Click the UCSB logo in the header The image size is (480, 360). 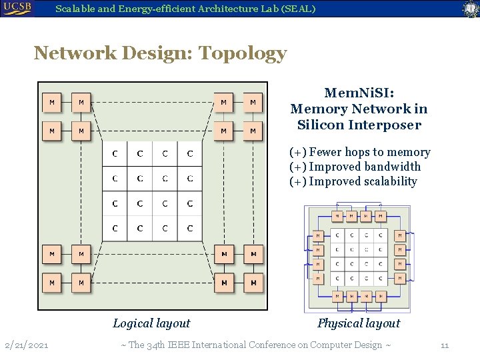tap(19, 8)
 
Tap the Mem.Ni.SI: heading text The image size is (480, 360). tap(359, 93)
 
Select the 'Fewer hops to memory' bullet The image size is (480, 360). tap(359, 152)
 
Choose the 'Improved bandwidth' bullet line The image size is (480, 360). tap(355, 167)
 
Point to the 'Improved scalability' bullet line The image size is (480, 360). tap(353, 181)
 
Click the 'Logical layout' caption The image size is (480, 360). tap(151, 323)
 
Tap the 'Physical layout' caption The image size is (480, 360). tap(359, 323)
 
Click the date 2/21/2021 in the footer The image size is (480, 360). tap(26, 345)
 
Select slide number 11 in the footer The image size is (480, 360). tap(445, 345)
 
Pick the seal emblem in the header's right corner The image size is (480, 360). tap(471, 9)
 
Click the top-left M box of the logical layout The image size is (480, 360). tap(52, 103)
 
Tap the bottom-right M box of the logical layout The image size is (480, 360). tap(253, 283)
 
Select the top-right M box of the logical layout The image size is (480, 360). tap(253, 103)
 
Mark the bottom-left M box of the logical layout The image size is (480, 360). tap(52, 283)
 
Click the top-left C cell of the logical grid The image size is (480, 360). tap(115, 154)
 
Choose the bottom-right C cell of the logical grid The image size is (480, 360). tap(190, 229)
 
